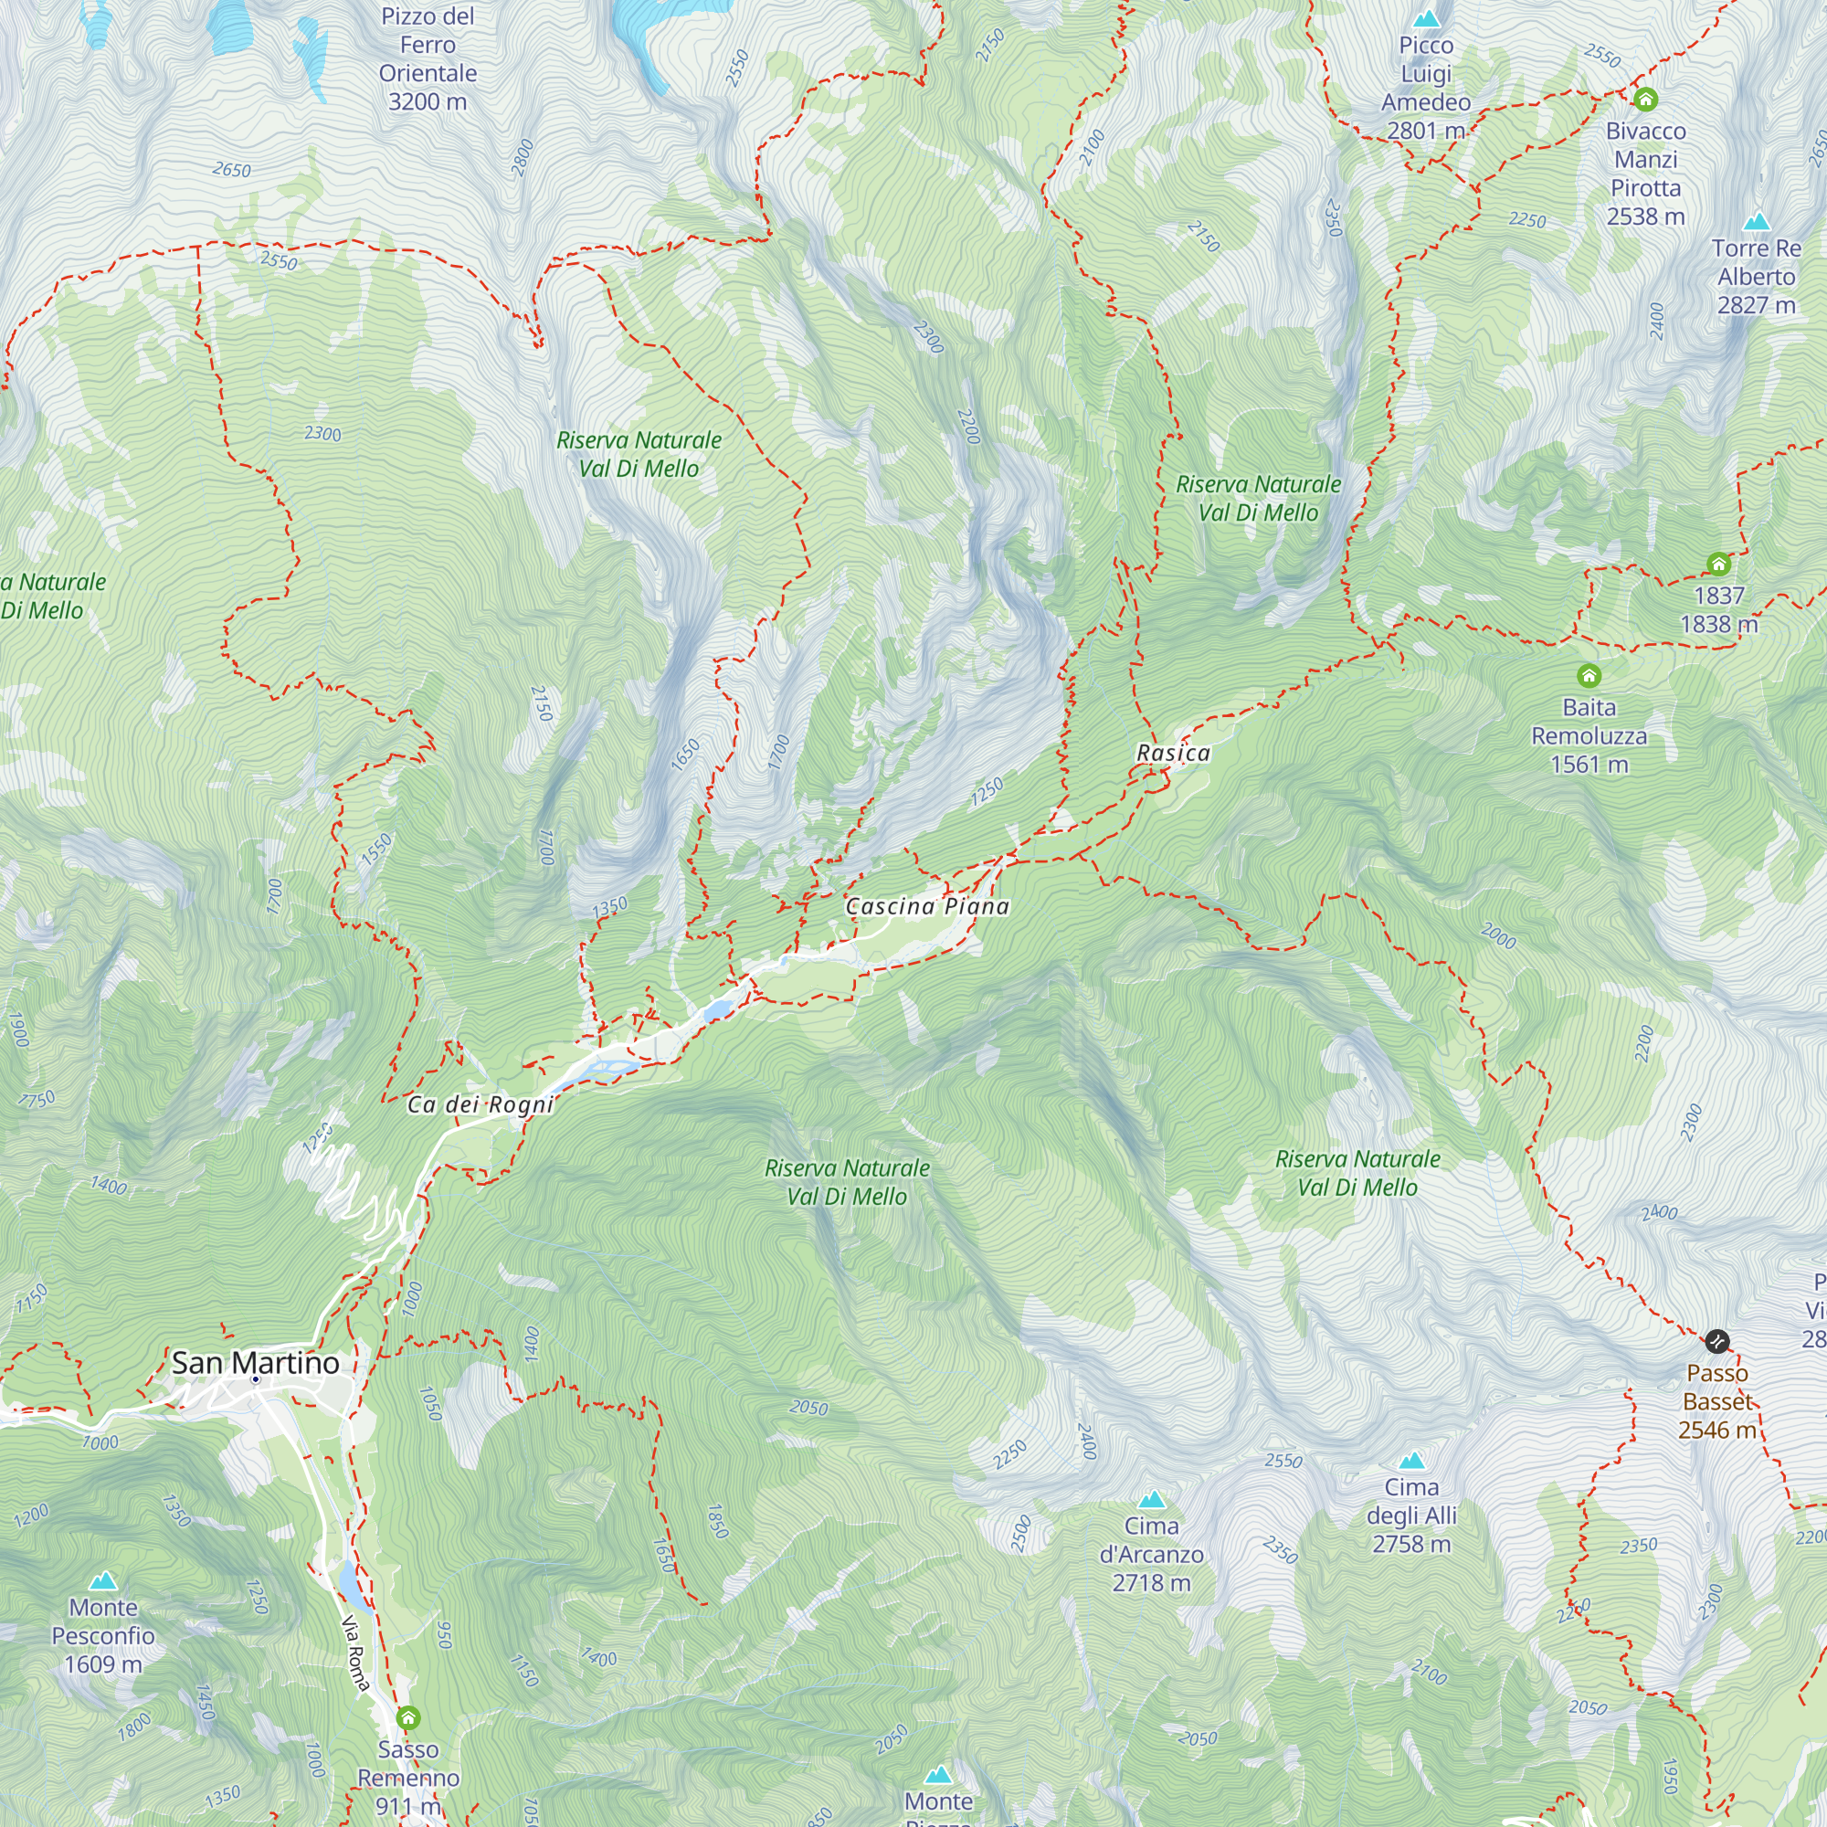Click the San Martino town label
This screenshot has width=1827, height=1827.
pos(256,1363)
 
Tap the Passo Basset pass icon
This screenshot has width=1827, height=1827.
pos(1716,1341)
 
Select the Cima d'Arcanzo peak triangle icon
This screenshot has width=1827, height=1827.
pos(1151,1500)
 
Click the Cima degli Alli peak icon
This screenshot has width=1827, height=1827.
pos(1411,1460)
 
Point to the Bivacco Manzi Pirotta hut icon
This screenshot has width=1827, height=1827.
pos(1645,100)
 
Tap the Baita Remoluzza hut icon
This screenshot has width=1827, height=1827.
pos(1589,675)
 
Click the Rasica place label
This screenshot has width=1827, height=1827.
pos(1173,753)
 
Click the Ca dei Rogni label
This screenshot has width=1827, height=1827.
pos(480,1104)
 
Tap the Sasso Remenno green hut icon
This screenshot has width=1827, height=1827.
pos(407,1716)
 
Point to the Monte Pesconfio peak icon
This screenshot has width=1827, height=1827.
pos(103,1580)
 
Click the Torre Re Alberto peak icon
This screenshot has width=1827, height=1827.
pos(1756,221)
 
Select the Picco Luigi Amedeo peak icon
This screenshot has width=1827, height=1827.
pos(1425,18)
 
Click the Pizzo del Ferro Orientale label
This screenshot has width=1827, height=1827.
pos(428,58)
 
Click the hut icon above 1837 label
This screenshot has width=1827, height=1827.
pos(1718,565)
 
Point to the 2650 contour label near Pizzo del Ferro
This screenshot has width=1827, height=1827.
pos(232,170)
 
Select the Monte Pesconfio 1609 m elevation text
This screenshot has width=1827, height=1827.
pos(103,1664)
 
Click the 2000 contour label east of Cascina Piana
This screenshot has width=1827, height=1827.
pos(1498,936)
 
